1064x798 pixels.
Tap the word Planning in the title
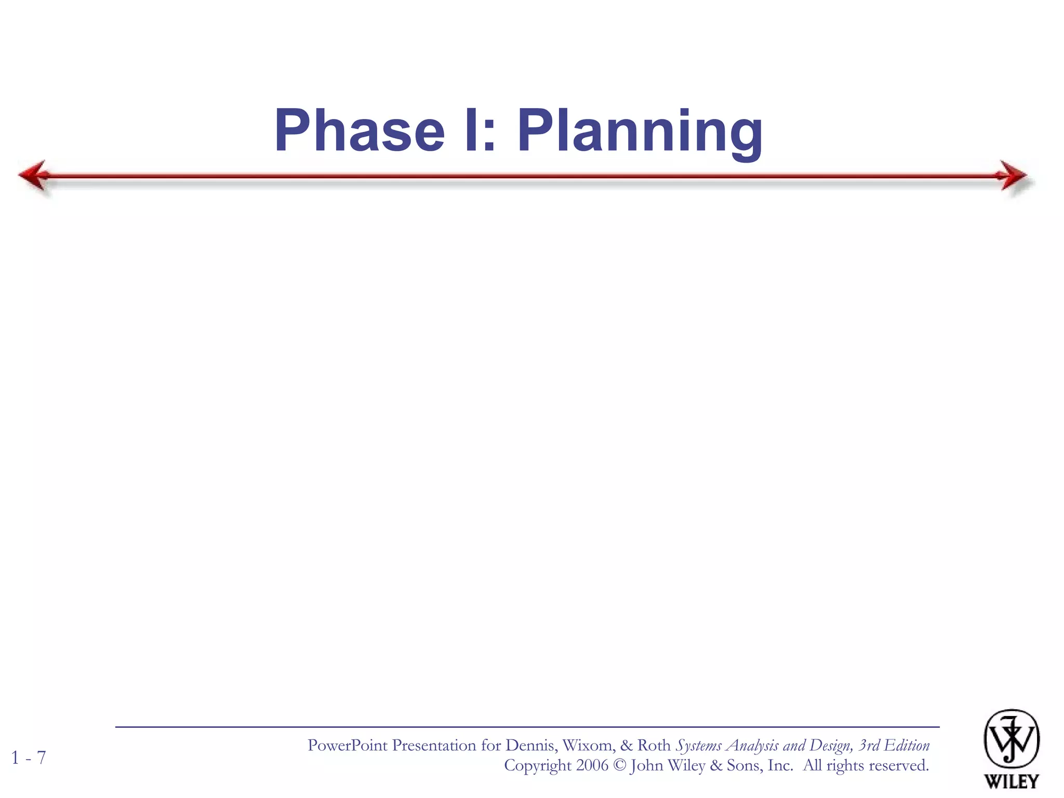[x=640, y=132]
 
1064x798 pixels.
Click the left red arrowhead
[x=33, y=176]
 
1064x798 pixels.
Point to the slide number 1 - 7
[x=29, y=758]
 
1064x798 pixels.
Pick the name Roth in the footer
[x=654, y=746]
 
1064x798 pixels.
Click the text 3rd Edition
[x=894, y=746]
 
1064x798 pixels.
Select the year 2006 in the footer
[x=592, y=766]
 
